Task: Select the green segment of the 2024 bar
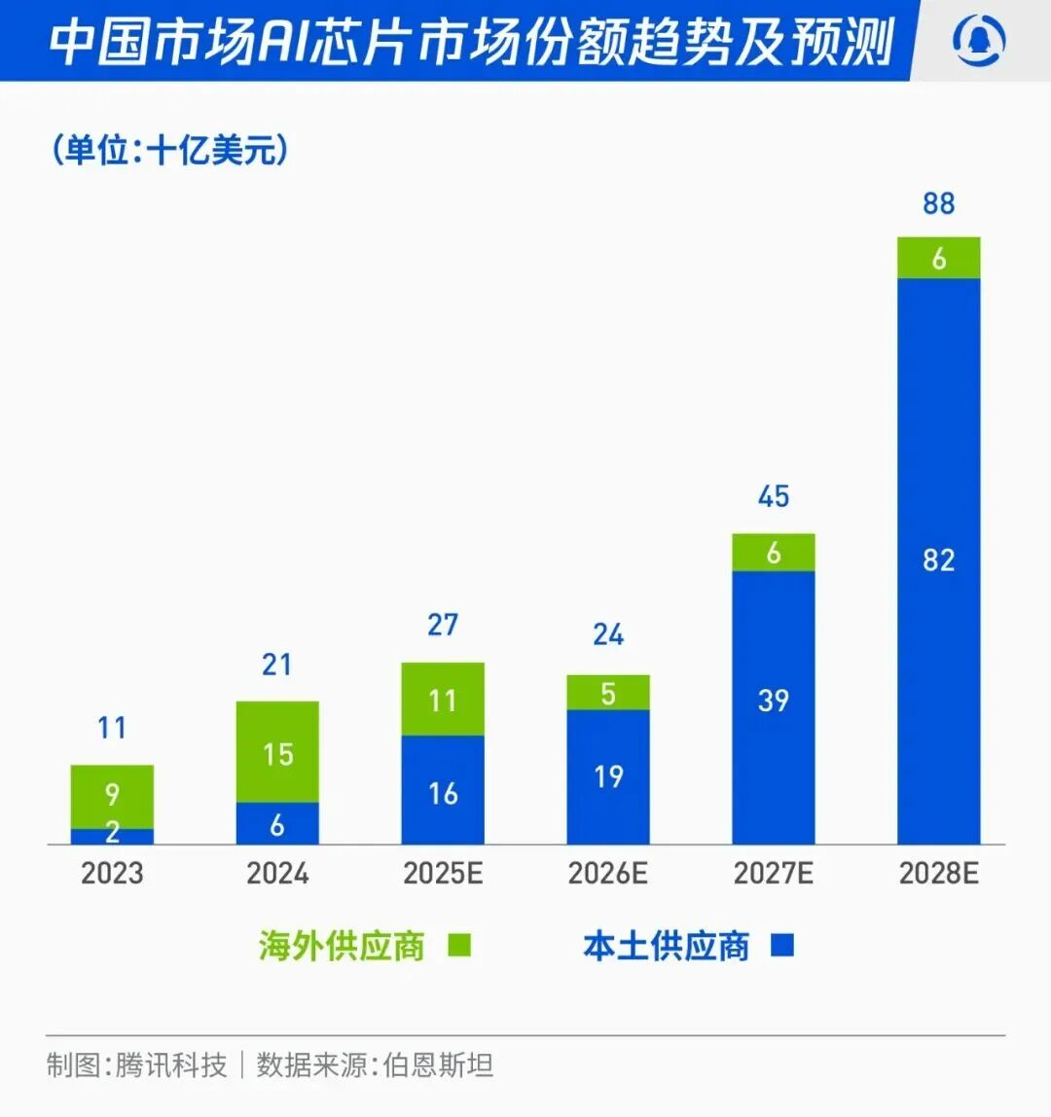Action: click(x=277, y=751)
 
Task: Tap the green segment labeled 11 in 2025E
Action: click(x=443, y=699)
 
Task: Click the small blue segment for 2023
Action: click(x=112, y=836)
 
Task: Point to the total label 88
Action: click(x=938, y=203)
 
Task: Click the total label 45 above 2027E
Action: click(x=773, y=496)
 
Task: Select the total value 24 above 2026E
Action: click(x=607, y=634)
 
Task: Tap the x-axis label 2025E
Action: click(x=443, y=873)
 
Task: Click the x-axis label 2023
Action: click(x=112, y=873)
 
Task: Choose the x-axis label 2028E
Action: click(x=938, y=873)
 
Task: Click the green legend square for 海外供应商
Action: click(x=459, y=945)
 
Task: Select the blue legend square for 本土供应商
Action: click(x=782, y=945)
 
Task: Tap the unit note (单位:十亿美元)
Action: click(x=170, y=150)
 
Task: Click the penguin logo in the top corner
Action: click(x=980, y=41)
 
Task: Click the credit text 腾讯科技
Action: click(x=171, y=1064)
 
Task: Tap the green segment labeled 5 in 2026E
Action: click(x=607, y=692)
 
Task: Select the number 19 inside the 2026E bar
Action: click(x=607, y=776)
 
